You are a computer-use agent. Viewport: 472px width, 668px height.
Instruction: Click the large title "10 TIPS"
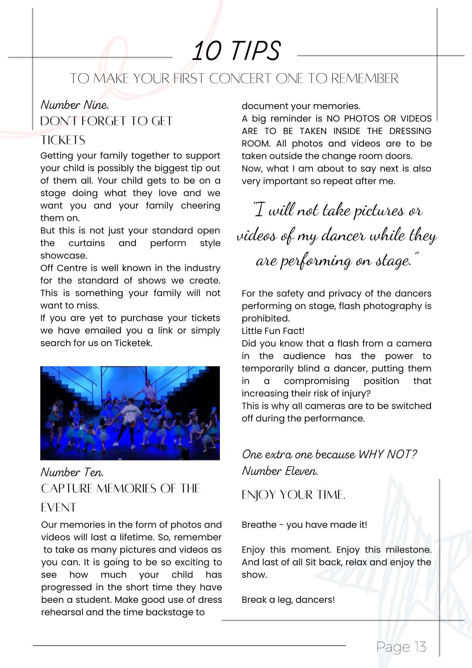coord(236,51)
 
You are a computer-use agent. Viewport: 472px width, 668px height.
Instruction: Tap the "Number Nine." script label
coord(75,105)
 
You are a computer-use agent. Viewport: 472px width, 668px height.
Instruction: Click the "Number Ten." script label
coord(72,473)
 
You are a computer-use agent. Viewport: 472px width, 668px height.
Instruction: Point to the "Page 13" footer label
coord(401,647)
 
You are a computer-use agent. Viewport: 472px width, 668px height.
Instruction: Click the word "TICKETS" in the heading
coord(63,140)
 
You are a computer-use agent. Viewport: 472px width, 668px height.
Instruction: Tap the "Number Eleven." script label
coord(280,471)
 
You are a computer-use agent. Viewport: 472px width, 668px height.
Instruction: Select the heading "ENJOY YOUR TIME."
coord(293,495)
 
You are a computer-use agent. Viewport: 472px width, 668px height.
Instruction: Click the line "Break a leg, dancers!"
coord(288,600)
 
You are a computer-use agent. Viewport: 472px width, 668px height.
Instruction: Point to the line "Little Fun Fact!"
coord(273,331)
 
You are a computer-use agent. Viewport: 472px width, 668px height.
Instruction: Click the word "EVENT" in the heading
coord(59,508)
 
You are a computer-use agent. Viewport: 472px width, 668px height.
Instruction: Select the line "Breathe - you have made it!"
coord(304,525)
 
